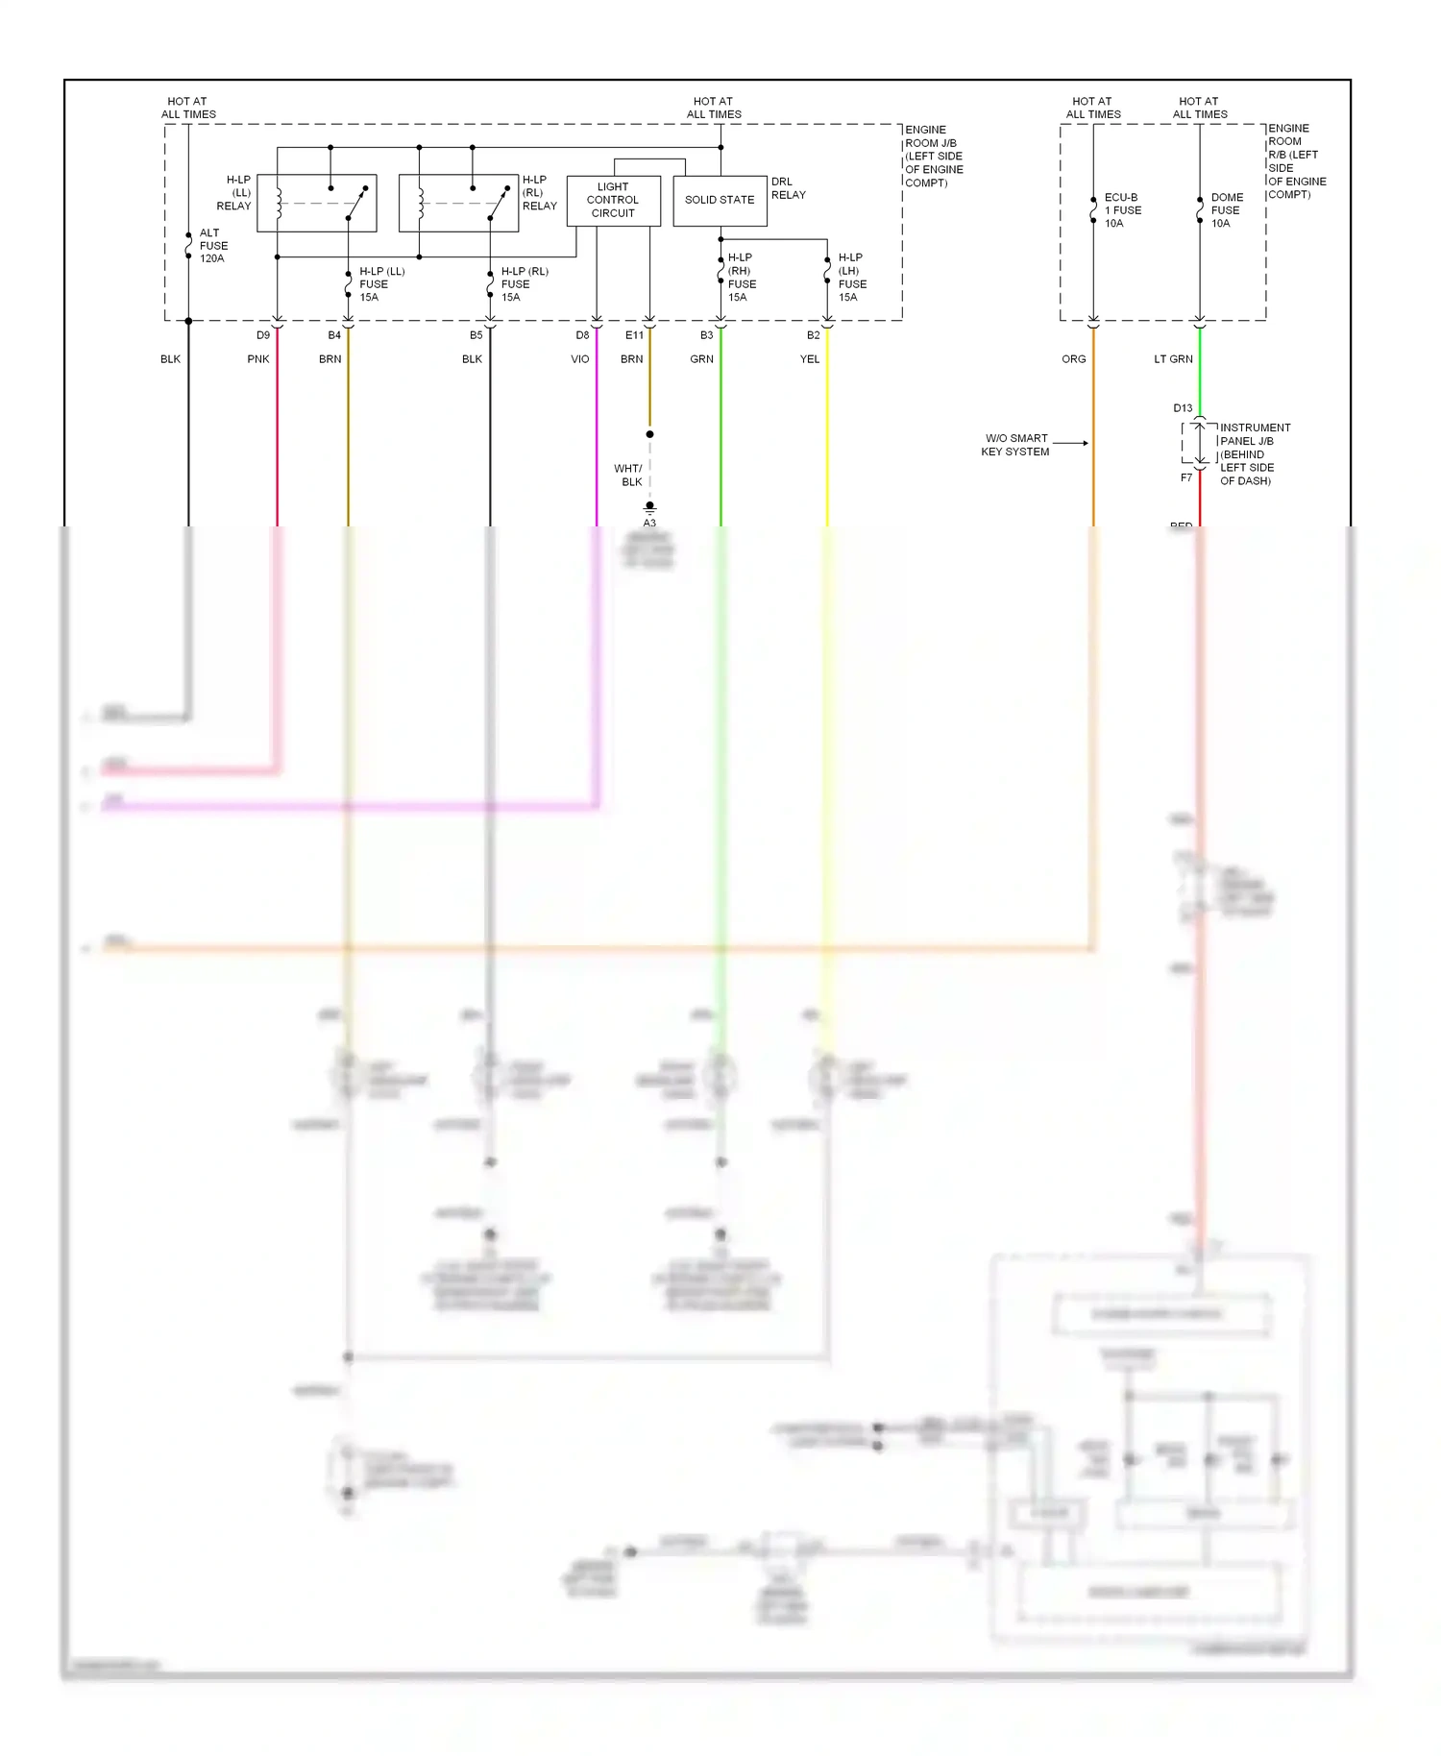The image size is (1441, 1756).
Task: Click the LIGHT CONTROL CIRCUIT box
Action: tap(613, 200)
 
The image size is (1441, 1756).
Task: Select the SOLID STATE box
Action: tap(720, 200)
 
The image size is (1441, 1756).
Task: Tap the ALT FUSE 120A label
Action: tap(212, 246)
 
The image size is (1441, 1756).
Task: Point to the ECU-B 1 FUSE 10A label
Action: tap(1121, 210)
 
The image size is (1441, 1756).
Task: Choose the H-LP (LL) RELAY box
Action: tap(316, 203)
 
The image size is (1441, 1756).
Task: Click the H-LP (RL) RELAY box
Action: tap(458, 203)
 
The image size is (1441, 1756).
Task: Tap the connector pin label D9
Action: tap(263, 335)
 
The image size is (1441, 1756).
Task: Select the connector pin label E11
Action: tap(634, 335)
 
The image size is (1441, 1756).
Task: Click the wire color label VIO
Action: tap(580, 359)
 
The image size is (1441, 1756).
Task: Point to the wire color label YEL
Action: tap(810, 359)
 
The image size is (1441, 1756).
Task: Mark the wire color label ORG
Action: tap(1074, 359)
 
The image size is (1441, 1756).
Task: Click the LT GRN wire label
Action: tap(1173, 359)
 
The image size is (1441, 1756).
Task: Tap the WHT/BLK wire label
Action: tap(628, 476)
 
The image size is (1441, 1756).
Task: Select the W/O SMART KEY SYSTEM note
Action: tap(1015, 445)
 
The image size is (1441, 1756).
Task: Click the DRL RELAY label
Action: tap(788, 188)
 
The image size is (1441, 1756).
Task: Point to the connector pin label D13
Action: tap(1183, 408)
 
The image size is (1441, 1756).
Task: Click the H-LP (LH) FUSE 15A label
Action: tap(851, 278)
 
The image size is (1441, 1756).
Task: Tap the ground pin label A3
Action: tap(649, 523)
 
